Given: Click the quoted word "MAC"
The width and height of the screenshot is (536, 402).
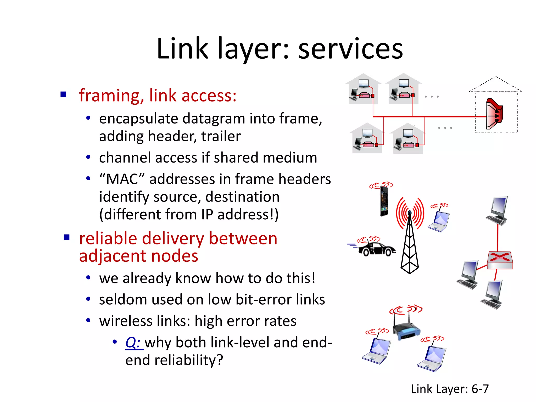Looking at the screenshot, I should click(x=122, y=180).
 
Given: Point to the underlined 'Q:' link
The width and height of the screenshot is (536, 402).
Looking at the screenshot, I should click(x=133, y=342).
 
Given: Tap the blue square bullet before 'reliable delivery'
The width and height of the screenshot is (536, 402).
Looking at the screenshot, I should click(x=67, y=237).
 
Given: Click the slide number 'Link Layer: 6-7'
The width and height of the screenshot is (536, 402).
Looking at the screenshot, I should click(x=449, y=389).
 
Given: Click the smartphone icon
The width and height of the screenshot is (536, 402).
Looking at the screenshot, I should click(x=384, y=201).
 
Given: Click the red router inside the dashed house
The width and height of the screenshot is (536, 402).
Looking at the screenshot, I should click(x=494, y=114).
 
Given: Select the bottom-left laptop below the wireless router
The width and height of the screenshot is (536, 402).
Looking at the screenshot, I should click(x=377, y=351).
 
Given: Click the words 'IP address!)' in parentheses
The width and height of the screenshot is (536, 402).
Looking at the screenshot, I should click(x=239, y=215).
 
